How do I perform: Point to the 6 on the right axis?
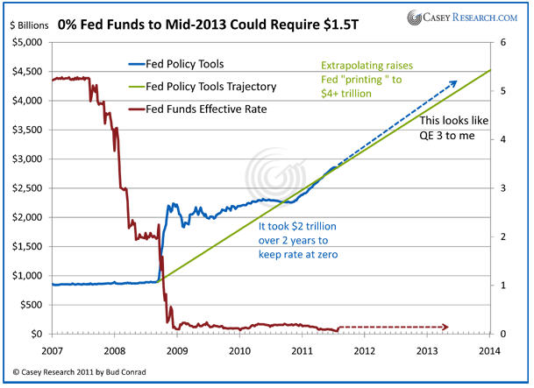point(502,42)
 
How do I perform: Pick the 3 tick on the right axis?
point(502,187)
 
